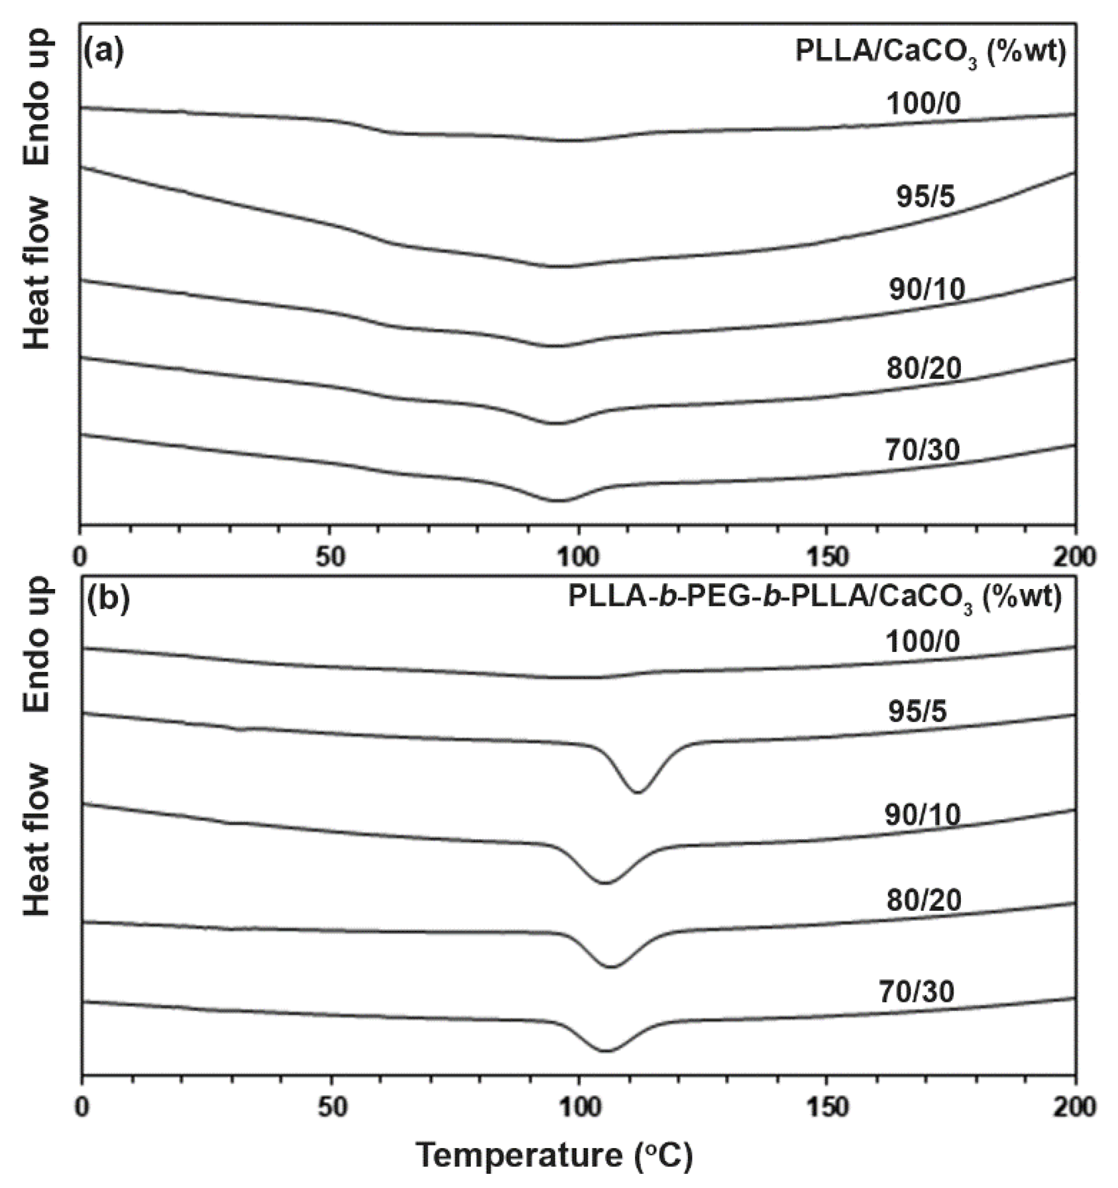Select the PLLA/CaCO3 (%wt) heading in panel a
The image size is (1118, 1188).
click(930, 53)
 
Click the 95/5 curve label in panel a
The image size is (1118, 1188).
click(925, 197)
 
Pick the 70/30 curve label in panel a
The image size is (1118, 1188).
click(923, 451)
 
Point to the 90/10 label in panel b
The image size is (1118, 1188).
click(923, 814)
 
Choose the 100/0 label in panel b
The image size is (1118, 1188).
click(923, 642)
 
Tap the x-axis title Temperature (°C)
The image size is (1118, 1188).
click(554, 1157)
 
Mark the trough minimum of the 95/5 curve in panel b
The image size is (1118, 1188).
click(638, 792)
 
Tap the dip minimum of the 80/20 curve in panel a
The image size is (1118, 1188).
click(556, 423)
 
